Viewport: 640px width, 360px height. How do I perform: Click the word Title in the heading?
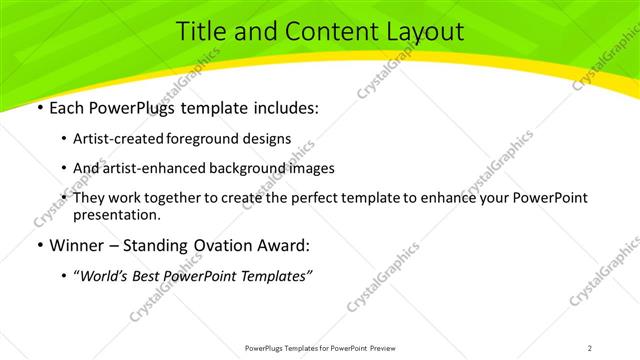pyautogui.click(x=199, y=32)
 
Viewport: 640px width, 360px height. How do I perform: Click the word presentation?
pyautogui.click(x=116, y=214)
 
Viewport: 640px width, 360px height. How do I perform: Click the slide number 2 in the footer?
pyautogui.click(x=590, y=347)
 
